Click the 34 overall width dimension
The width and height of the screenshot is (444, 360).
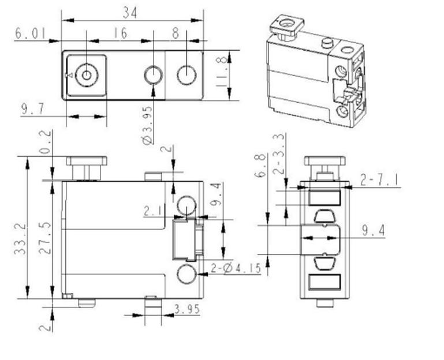coord(130,13)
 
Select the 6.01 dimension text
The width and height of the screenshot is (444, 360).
coord(30,33)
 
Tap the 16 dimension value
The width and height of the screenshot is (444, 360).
coord(121,33)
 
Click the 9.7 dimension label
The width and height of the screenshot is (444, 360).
coord(32,109)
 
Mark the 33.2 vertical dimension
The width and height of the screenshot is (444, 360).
coord(20,239)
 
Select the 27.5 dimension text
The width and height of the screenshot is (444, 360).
coord(45,238)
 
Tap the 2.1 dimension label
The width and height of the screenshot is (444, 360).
coord(154,211)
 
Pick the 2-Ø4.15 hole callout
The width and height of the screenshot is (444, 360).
coord(236,268)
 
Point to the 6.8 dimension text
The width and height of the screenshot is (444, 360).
coord(260,165)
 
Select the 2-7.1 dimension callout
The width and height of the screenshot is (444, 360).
coord(380,180)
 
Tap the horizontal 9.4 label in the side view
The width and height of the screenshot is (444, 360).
coord(374,231)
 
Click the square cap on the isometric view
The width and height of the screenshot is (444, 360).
coord(286,25)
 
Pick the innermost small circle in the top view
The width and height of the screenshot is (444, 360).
coord(87,75)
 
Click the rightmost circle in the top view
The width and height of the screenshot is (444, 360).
coord(186,75)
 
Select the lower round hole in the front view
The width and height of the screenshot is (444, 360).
coord(186,273)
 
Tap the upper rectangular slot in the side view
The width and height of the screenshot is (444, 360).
coord(324,198)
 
